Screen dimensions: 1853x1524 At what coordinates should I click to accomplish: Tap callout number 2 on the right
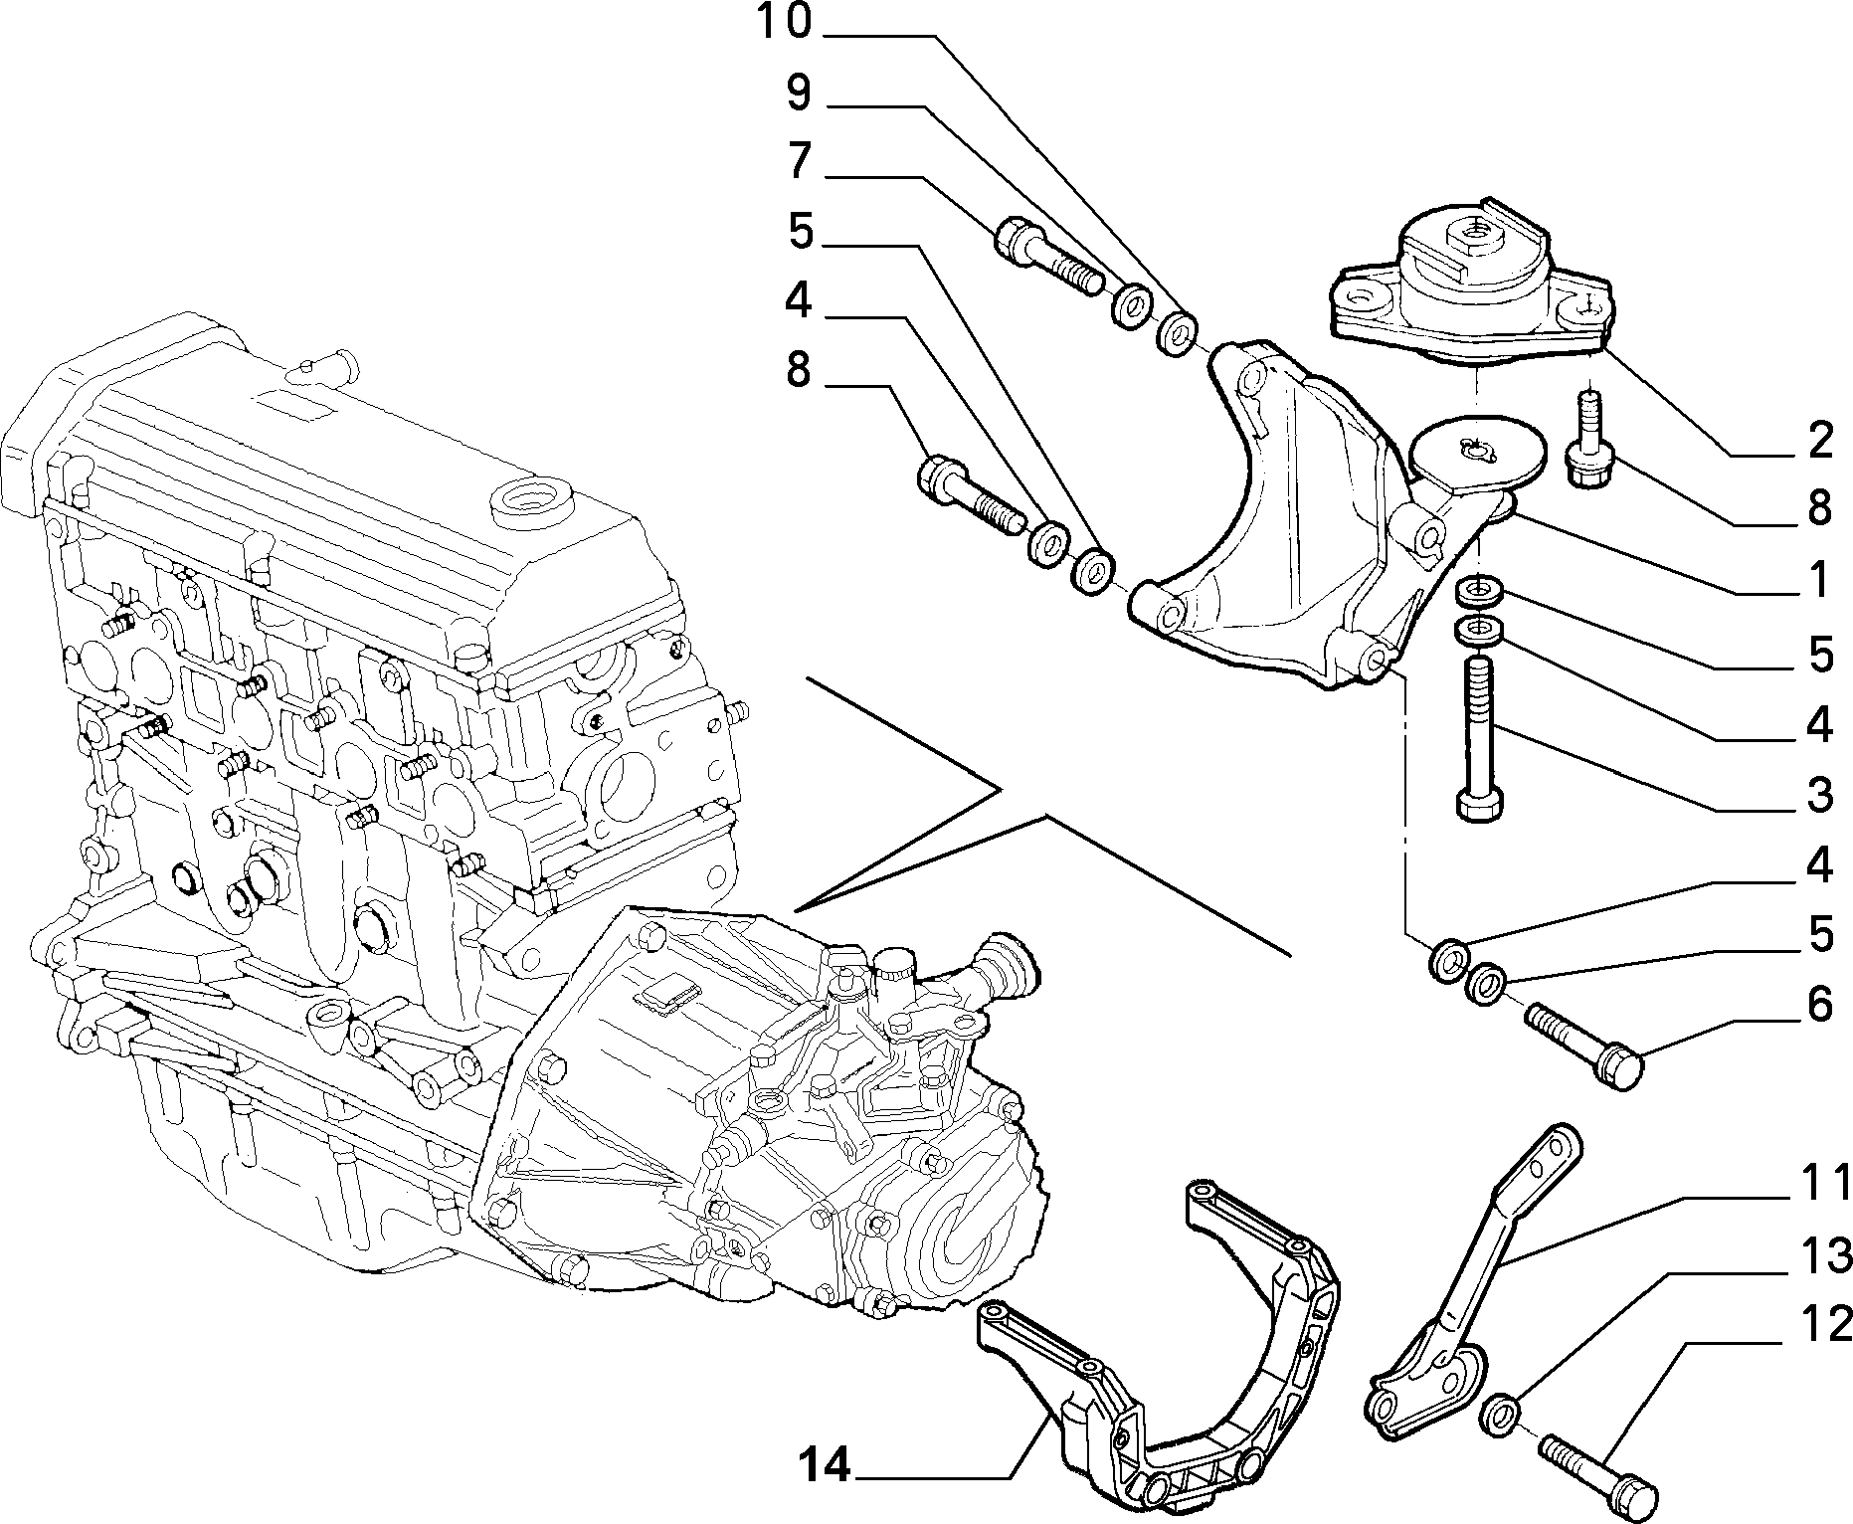(1820, 440)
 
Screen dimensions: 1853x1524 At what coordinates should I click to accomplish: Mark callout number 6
(1820, 1005)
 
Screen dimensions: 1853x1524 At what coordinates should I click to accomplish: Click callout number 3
(1820, 796)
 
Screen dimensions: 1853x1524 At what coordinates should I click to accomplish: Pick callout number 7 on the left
(799, 161)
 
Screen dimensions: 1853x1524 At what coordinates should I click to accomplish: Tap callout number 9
(799, 93)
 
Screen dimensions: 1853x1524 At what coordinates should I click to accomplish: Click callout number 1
(1820, 579)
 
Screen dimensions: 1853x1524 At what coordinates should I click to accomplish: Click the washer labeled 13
(1499, 1418)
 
